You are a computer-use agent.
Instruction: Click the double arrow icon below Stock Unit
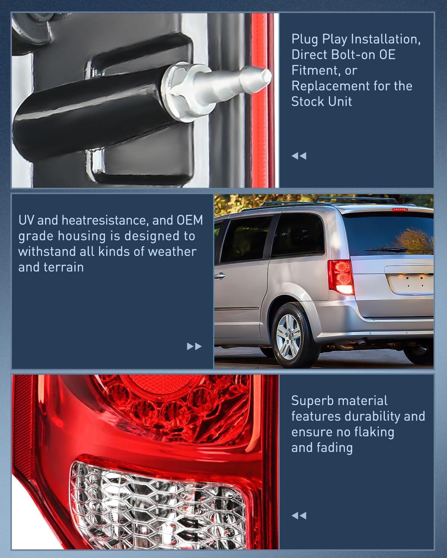point(299,156)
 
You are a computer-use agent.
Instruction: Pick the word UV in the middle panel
point(26,220)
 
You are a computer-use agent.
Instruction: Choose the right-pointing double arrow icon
point(194,347)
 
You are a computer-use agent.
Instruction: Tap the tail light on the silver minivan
point(340,277)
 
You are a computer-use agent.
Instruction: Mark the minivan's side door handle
point(219,276)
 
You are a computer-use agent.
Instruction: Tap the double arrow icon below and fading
point(299,516)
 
